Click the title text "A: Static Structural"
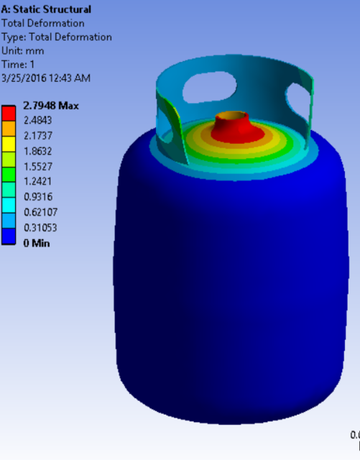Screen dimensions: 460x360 (45, 9)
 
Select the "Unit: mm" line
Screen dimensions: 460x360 (22, 50)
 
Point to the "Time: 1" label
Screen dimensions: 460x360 (19, 64)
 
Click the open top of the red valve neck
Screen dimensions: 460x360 (233, 114)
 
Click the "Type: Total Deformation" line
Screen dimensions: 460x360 (56, 37)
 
